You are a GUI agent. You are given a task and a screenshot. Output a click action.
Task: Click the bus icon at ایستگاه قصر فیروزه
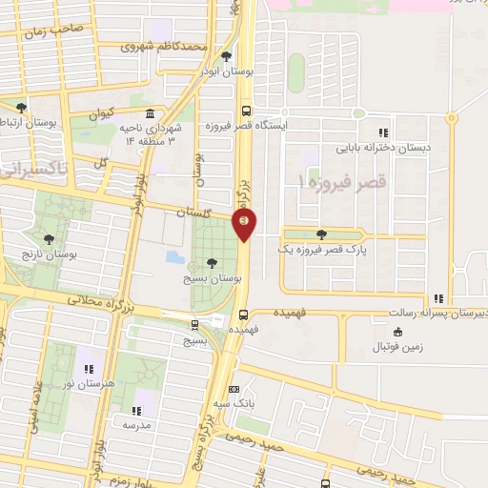coord(247,109)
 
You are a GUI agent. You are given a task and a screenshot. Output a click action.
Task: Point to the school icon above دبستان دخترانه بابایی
coord(383,133)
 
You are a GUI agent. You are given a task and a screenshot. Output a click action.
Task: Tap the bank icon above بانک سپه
coord(234,389)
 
